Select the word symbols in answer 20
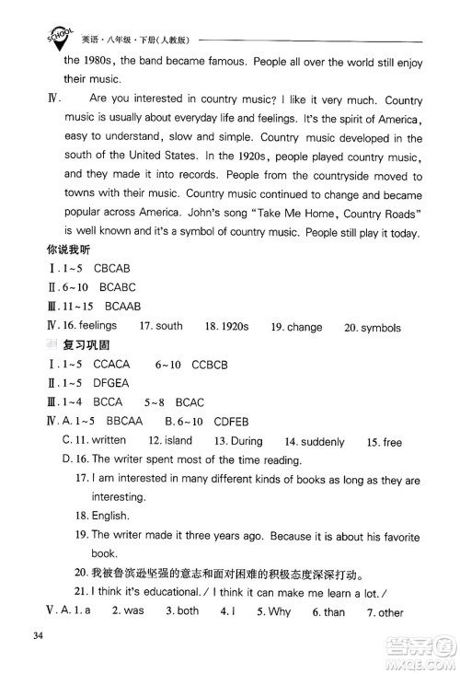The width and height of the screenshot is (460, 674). pos(390,353)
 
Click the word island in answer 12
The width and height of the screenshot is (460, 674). pos(177,442)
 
